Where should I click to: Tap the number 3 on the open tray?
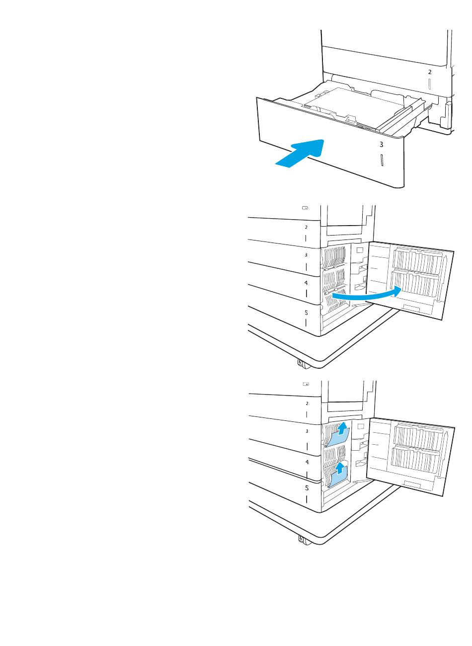[x=381, y=145]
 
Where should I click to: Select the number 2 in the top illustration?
[x=430, y=72]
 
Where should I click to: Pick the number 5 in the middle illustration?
[x=306, y=313]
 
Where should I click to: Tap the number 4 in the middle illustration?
[x=306, y=282]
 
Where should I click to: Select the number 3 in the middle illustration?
[x=306, y=254]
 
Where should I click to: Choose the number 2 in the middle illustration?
[x=306, y=227]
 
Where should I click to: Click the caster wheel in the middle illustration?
[x=300, y=363]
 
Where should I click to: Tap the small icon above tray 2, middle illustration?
[x=305, y=208]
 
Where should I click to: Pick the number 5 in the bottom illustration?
[x=307, y=487]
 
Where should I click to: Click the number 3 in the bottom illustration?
[x=307, y=431]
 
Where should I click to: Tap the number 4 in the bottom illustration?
[x=307, y=462]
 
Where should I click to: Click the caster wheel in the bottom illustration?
[x=301, y=539]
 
